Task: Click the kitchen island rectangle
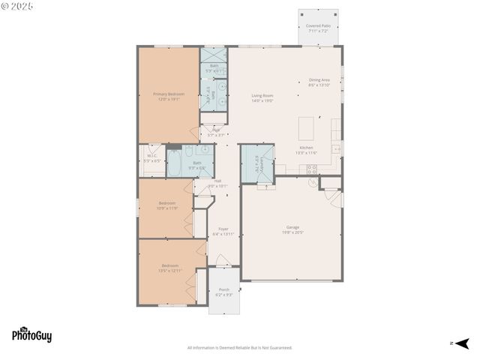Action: point(307,127)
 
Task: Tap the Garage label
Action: point(292,229)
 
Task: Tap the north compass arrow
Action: point(461,343)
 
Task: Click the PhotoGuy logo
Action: point(31,335)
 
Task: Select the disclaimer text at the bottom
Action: point(239,347)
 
